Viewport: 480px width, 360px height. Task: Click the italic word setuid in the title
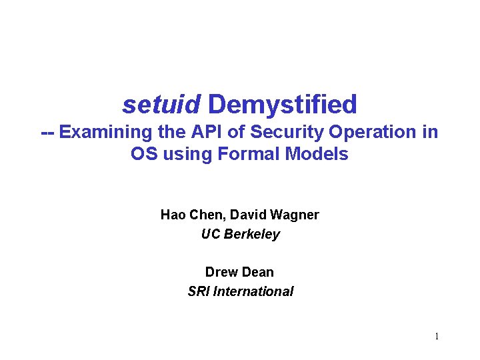(161, 105)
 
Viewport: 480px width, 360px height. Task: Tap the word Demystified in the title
(283, 105)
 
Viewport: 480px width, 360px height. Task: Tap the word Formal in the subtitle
(249, 155)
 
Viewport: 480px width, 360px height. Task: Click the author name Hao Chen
(189, 215)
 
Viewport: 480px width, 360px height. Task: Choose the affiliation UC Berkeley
(240, 235)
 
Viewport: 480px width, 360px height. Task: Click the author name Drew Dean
(239, 272)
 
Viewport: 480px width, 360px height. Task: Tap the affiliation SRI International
(240, 291)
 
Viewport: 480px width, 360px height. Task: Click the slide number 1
(437, 337)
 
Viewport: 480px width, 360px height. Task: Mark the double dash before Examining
(47, 132)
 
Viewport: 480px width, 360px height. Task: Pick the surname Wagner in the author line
(297, 215)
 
